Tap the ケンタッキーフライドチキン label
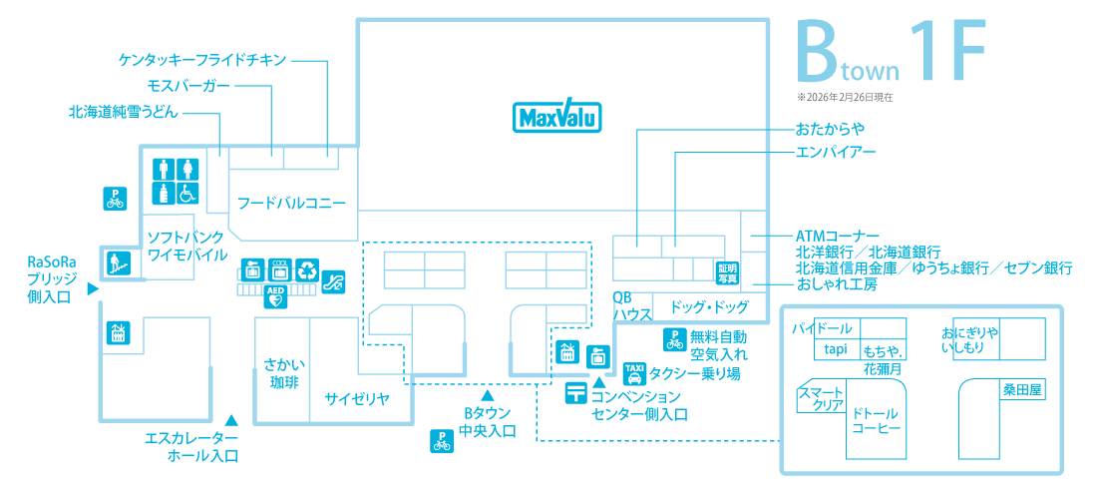202,60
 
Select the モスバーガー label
188,86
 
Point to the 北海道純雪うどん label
124,112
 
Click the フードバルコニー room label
291,204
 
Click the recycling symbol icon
307,269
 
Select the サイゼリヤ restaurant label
355,399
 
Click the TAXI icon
634,373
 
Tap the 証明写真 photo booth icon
726,272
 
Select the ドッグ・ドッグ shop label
709,306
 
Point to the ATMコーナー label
837,236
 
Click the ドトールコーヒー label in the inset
875,420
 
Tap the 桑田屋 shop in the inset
1022,391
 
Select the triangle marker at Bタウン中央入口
488,397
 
